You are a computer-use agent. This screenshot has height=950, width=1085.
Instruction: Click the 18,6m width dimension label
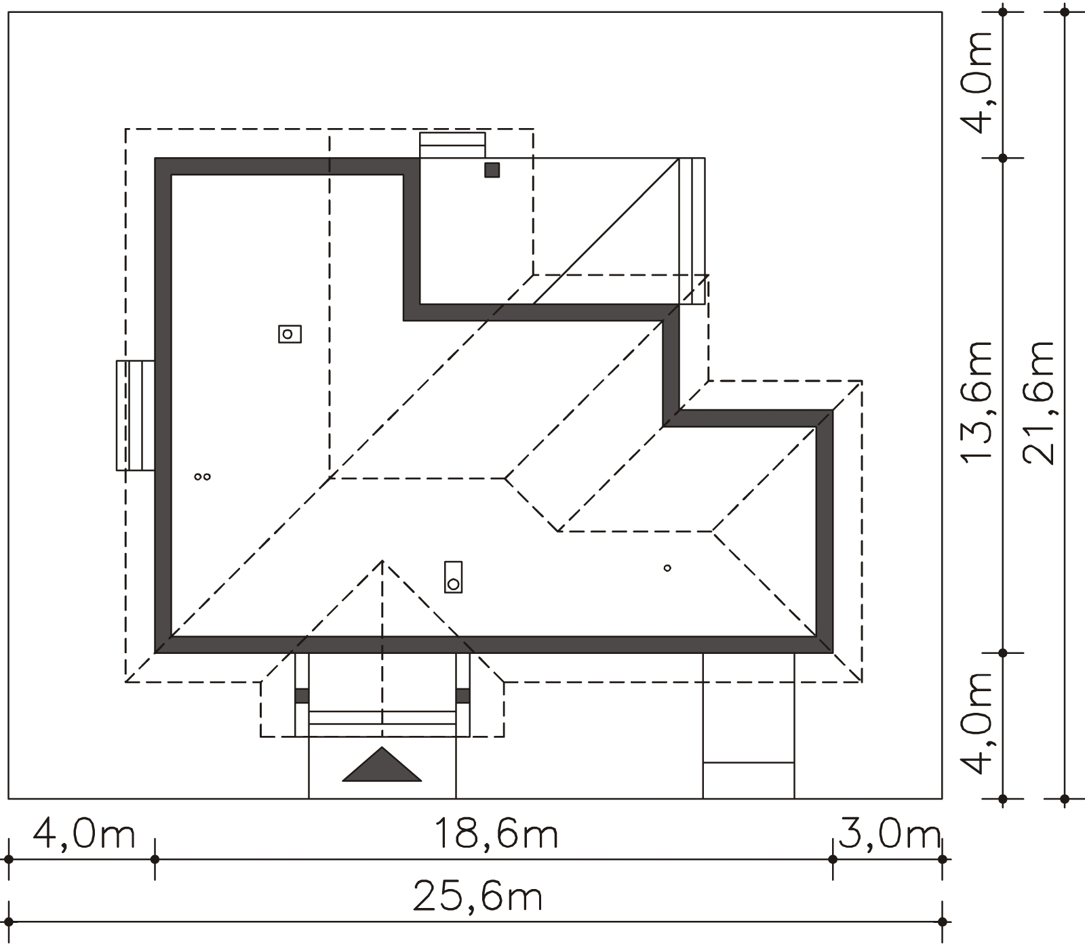pyautogui.click(x=496, y=834)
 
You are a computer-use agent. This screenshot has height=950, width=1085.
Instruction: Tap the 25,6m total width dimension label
pyautogui.click(x=478, y=897)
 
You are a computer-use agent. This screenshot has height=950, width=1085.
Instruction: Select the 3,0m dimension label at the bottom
pyautogui.click(x=889, y=834)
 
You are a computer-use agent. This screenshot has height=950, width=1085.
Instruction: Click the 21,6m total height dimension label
pyautogui.click(x=1039, y=402)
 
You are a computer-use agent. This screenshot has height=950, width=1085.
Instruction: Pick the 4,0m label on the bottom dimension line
pyautogui.click(x=84, y=834)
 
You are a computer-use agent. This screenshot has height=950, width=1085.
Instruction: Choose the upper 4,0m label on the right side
pyautogui.click(x=977, y=81)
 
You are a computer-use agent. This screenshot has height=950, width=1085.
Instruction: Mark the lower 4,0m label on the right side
pyautogui.click(x=977, y=722)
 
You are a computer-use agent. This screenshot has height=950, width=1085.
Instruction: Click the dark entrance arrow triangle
pyautogui.click(x=382, y=765)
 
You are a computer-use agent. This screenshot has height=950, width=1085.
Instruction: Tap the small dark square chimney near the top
pyautogui.click(x=492, y=170)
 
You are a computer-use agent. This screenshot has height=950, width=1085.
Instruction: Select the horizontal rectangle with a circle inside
pyautogui.click(x=290, y=334)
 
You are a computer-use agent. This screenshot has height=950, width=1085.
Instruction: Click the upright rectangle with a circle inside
pyautogui.click(x=453, y=577)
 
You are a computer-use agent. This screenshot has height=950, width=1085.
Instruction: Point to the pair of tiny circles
pyautogui.click(x=202, y=477)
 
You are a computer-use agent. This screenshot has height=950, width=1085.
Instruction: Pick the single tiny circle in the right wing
pyautogui.click(x=667, y=568)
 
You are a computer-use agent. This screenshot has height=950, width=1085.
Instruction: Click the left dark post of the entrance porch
pyautogui.click(x=302, y=696)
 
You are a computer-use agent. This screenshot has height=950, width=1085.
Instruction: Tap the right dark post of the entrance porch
pyautogui.click(x=463, y=696)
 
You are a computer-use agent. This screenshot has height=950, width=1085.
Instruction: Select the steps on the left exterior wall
pyautogui.click(x=136, y=415)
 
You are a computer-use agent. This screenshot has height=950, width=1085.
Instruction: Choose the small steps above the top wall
pyautogui.click(x=452, y=145)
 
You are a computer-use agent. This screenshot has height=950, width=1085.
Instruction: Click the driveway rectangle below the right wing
pyautogui.click(x=748, y=726)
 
